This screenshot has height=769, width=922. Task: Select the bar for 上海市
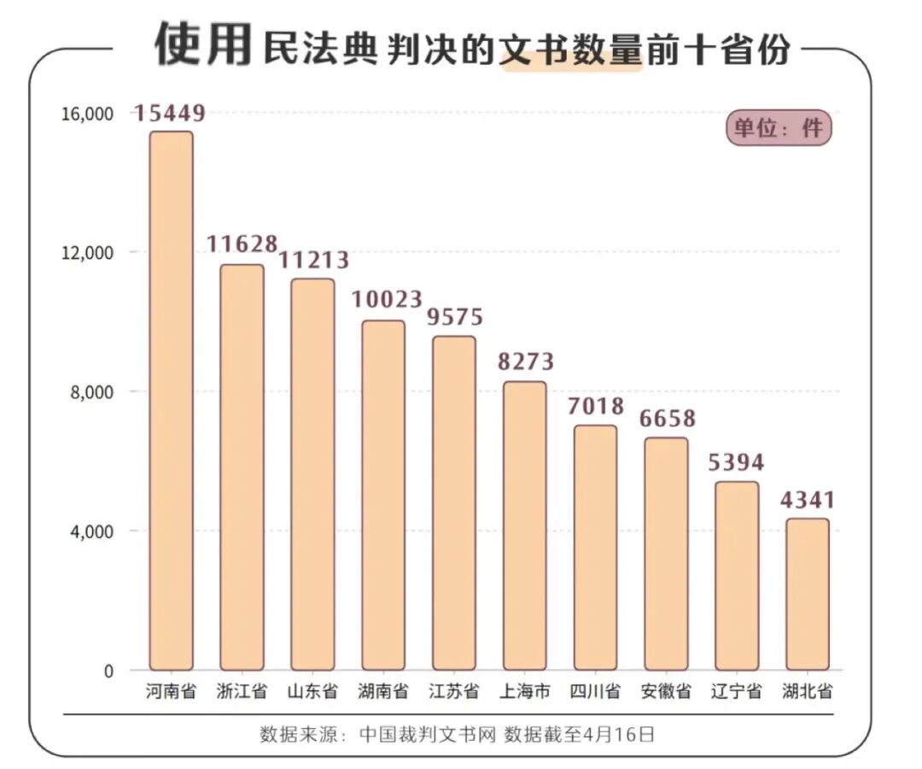tap(524, 525)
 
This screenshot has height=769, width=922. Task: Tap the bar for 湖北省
tap(807, 594)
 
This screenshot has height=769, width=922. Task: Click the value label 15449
tap(170, 112)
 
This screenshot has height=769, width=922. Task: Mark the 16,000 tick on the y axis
tap(87, 114)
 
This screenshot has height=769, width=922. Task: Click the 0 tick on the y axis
tap(108, 672)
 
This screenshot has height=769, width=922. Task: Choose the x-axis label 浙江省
tap(242, 691)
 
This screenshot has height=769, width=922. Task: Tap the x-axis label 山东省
tap(312, 691)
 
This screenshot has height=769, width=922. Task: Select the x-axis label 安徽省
tap(666, 691)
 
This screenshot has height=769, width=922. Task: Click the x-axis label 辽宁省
tap(736, 691)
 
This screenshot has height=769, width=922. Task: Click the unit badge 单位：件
tap(778, 127)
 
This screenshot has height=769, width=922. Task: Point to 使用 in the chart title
tap(203, 44)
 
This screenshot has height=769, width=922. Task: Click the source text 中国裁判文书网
tap(427, 734)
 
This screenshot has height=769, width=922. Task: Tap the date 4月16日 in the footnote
tap(618, 734)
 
